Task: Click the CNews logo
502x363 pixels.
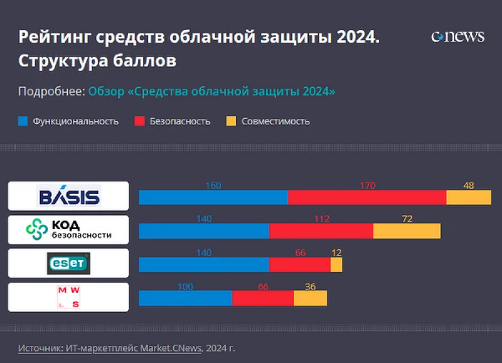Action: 457,36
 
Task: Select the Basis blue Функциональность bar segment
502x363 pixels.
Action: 213,197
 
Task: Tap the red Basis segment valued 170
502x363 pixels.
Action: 366,197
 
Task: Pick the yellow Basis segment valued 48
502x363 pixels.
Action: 468,197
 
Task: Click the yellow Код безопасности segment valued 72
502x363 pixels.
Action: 407,231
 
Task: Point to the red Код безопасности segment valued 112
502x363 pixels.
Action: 321,231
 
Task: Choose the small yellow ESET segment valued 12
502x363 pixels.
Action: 336,265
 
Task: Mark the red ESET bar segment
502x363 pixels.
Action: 299,265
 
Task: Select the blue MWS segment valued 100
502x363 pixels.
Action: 185,298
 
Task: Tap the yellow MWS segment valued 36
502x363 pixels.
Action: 310,298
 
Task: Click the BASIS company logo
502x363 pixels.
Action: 69,197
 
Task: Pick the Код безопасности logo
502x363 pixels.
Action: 68,230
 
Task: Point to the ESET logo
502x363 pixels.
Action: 68,263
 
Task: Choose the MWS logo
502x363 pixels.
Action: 68,297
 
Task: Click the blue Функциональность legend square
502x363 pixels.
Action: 23,121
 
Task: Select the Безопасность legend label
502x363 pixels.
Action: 179,121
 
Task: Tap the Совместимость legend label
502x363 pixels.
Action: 275,121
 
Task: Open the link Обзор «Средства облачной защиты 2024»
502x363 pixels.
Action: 211,91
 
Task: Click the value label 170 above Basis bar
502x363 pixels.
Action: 367,186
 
